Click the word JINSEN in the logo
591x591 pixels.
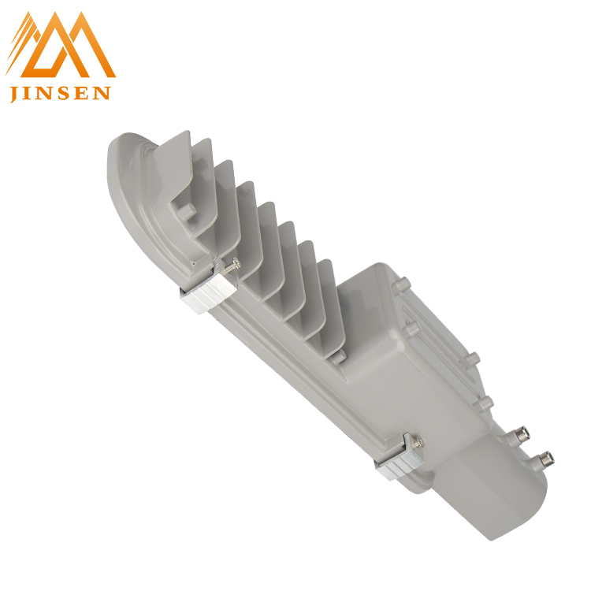click(x=61, y=94)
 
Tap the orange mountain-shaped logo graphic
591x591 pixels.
click(x=61, y=44)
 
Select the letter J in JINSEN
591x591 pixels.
click(x=14, y=95)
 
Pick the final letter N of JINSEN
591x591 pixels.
click(x=101, y=93)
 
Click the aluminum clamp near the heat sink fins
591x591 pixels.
click(x=208, y=288)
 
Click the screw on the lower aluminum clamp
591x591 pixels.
click(x=417, y=442)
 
